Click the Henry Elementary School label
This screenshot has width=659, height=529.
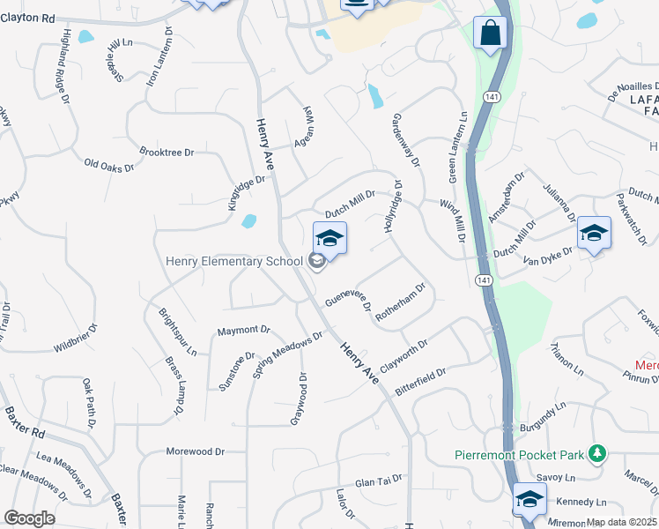point(233,261)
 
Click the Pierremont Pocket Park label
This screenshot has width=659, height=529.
point(520,455)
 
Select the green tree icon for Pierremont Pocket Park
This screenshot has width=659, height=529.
point(597,453)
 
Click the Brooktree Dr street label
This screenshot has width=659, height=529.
point(166,153)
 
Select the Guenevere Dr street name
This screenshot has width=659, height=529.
point(347,301)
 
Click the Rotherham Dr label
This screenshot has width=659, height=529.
point(401,302)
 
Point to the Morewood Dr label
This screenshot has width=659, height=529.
point(195,451)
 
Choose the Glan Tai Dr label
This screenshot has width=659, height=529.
point(378,481)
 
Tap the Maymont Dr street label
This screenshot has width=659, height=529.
point(243,331)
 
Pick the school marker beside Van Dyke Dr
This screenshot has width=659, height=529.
point(595,234)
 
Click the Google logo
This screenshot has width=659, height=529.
point(29,518)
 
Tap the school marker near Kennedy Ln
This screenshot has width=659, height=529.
point(529,499)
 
